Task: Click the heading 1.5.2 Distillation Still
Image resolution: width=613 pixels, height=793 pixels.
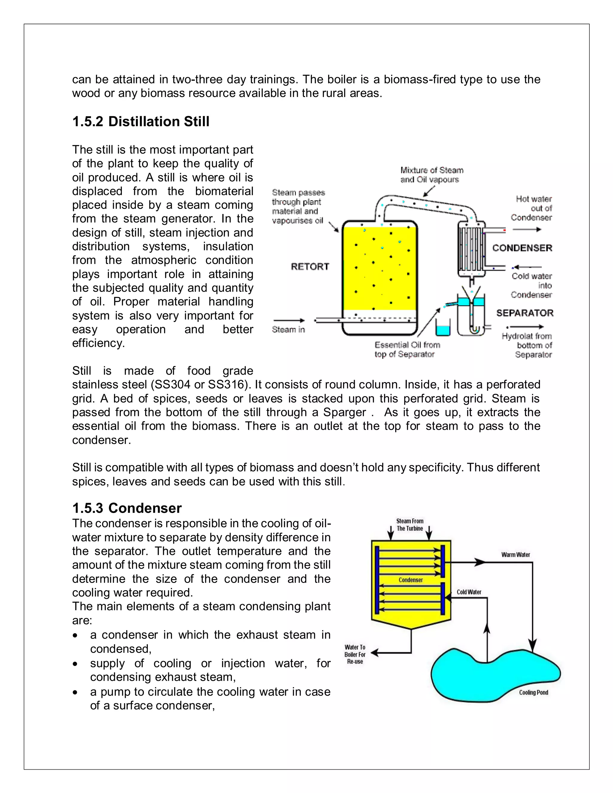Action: tap(141, 121)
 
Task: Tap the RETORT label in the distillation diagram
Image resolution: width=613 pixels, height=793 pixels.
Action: tap(310, 267)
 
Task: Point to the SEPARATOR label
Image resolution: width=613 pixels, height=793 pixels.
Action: tap(525, 313)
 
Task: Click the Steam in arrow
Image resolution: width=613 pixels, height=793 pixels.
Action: tap(289, 320)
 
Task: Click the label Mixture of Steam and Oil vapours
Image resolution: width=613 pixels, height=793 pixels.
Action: tap(431, 175)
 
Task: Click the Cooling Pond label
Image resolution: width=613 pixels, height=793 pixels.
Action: tap(533, 692)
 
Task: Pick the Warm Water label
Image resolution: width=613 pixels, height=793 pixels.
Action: tap(515, 555)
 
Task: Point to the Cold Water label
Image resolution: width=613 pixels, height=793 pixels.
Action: tap(469, 592)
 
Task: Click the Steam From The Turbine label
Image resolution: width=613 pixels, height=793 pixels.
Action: tap(410, 525)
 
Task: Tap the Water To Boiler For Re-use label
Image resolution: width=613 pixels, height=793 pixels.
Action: tap(355, 654)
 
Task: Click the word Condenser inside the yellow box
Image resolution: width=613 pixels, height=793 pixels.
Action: tap(410, 580)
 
